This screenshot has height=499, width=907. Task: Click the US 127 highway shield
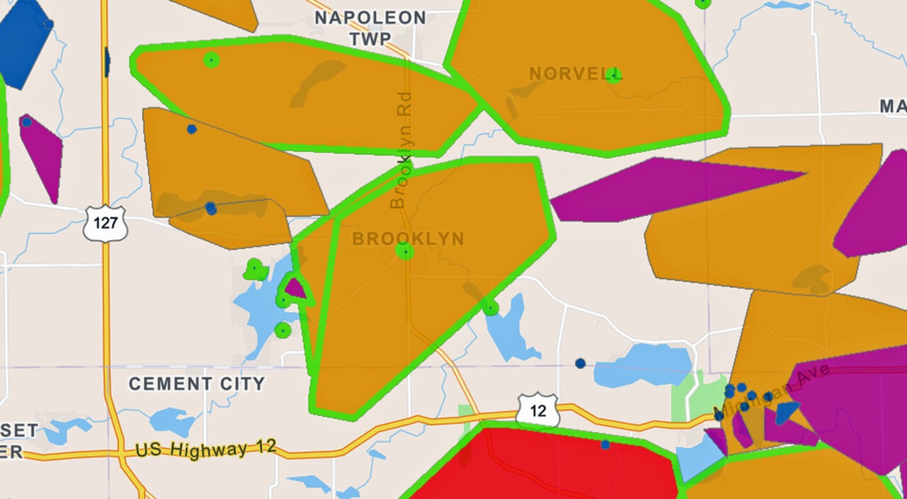click(x=105, y=223)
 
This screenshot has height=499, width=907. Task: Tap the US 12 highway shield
click(x=537, y=410)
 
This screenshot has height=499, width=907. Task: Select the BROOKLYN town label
click(x=408, y=239)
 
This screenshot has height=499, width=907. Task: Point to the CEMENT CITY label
click(x=196, y=384)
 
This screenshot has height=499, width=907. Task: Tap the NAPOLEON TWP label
click(x=370, y=28)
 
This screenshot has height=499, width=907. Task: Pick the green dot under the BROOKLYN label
click(x=405, y=252)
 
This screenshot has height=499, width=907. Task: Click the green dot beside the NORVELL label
click(x=613, y=75)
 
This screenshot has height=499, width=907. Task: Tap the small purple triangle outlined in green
click(x=295, y=289)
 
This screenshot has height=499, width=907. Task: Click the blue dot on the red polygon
click(x=605, y=444)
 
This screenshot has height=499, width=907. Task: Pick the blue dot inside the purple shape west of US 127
click(x=27, y=122)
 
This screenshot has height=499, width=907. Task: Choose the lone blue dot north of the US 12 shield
click(x=580, y=363)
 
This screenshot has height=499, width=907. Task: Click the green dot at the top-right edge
click(x=702, y=3)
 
